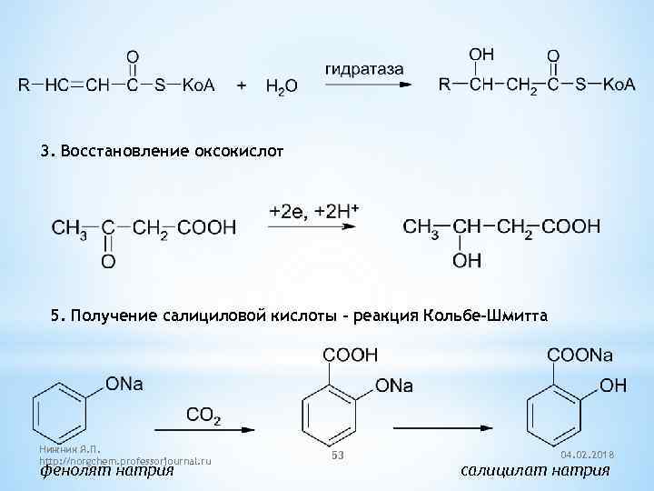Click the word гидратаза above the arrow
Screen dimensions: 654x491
[362, 68]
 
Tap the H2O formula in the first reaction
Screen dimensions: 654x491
[281, 86]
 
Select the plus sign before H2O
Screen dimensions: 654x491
[242, 85]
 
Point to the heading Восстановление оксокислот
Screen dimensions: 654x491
[168, 149]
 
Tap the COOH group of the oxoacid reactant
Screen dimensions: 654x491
[206, 227]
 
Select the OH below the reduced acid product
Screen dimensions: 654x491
[467, 261]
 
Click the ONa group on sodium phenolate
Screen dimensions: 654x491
[124, 384]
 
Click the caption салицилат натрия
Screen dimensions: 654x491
[535, 470]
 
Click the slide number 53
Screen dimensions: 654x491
[337, 453]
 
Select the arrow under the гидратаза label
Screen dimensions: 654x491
[362, 85]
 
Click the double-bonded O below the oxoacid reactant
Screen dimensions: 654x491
[107, 262]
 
